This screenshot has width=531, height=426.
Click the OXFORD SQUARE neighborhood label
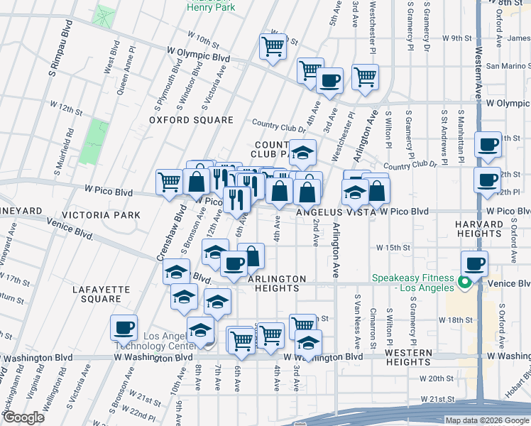click(191, 120)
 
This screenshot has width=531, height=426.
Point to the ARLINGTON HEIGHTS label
click(276, 283)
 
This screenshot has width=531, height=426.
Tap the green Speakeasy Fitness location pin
click(464, 283)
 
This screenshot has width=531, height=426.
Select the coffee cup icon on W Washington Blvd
click(124, 328)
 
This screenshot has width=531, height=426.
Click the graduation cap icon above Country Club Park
click(302, 152)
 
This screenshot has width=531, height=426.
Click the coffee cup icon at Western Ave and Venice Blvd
click(474, 263)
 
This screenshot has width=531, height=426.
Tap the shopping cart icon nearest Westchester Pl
click(365, 77)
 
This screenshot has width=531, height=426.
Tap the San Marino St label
click(507, 66)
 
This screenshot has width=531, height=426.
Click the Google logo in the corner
click(23, 417)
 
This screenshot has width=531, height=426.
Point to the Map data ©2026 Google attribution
click(487, 420)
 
